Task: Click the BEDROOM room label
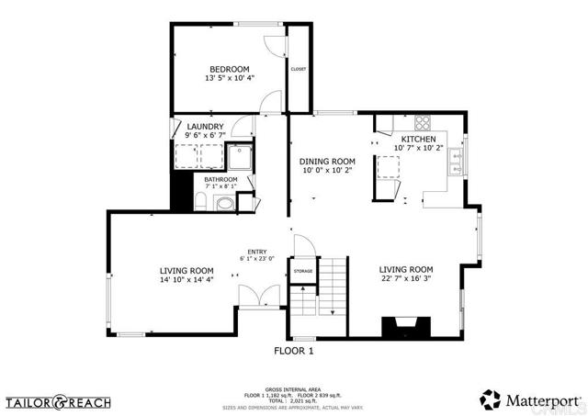[229, 69]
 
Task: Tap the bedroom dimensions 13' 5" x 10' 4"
[229, 79]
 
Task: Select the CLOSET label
[298, 69]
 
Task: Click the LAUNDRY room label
[205, 127]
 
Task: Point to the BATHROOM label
[220, 179]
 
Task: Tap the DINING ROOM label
[327, 161]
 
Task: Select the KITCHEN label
[418, 139]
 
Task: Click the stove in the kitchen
[424, 121]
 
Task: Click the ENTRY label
[256, 252]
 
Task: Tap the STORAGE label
[303, 272]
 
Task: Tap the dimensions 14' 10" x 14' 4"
[187, 280]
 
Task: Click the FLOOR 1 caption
[294, 351]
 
